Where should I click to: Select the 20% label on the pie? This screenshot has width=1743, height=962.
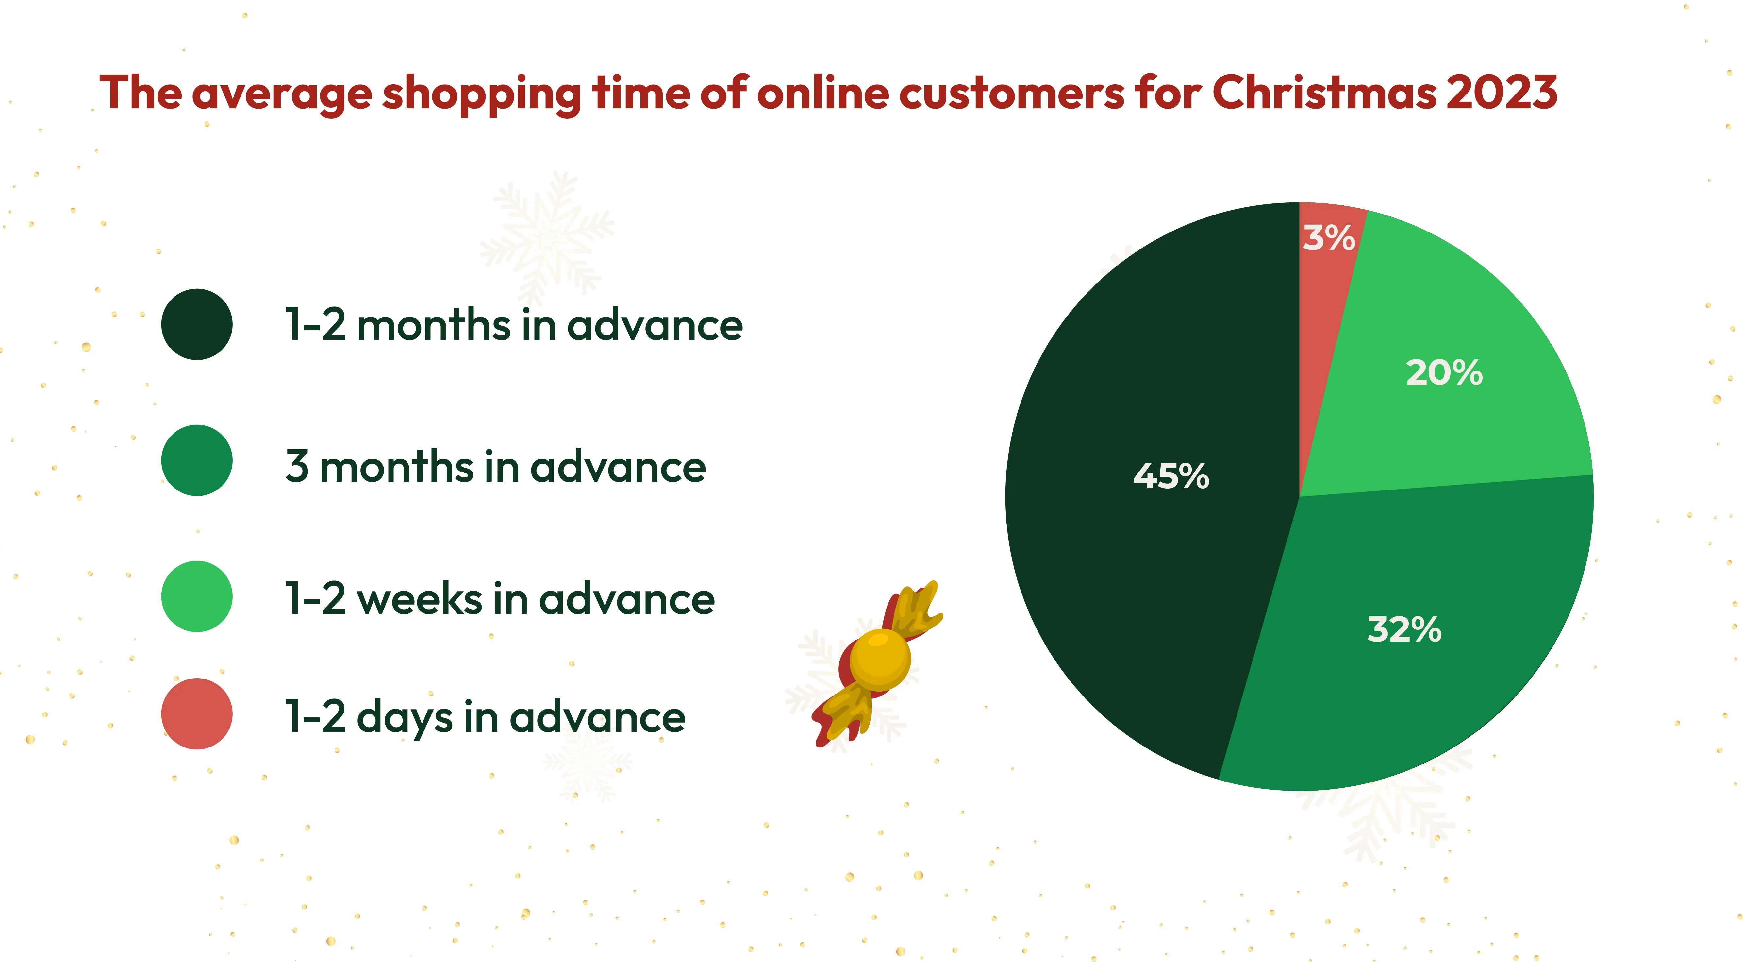point(1444,373)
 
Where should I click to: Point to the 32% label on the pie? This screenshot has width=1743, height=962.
point(1404,629)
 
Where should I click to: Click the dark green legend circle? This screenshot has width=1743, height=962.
point(197,324)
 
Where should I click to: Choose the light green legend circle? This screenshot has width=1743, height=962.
point(197,596)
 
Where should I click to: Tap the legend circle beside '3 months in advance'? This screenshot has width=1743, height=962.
point(197,460)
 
